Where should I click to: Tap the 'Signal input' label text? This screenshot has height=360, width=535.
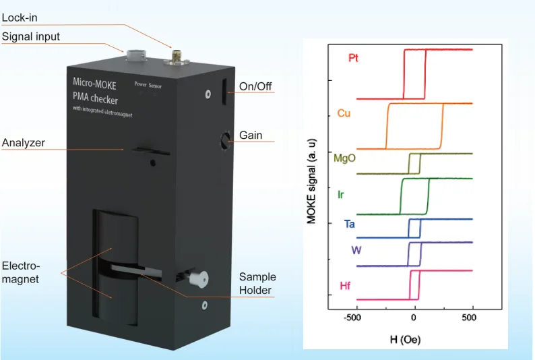click(x=31, y=36)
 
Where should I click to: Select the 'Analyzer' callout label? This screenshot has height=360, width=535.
click(x=24, y=143)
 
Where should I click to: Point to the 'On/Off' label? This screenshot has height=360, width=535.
click(x=255, y=86)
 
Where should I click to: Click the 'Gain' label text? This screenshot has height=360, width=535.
click(x=250, y=136)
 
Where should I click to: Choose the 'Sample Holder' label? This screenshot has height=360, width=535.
click(x=257, y=284)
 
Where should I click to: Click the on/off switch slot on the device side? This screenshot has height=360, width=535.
click(x=223, y=91)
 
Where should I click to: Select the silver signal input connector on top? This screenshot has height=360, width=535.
click(x=131, y=51)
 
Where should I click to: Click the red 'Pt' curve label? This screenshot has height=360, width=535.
click(x=353, y=58)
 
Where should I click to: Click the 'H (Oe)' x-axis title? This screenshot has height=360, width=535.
click(x=405, y=339)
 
